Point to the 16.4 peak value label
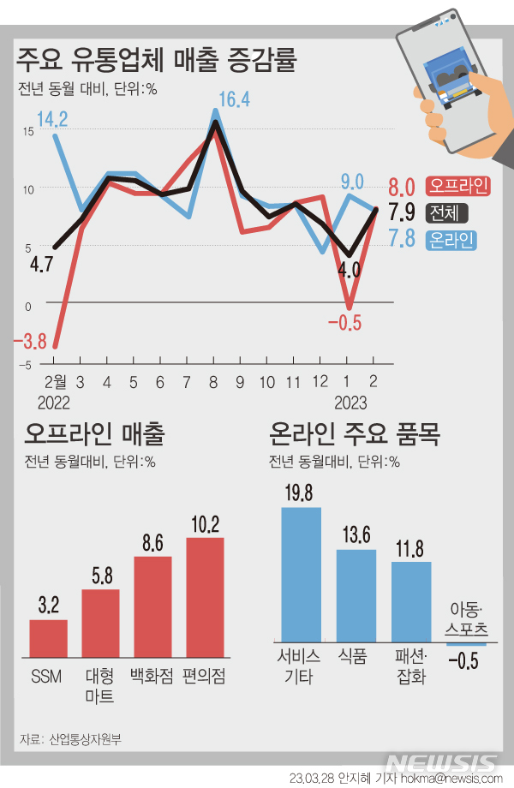233,99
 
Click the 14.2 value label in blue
52,117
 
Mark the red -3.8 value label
30,342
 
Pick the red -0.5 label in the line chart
344,321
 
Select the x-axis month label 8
212,381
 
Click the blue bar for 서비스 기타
301,574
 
